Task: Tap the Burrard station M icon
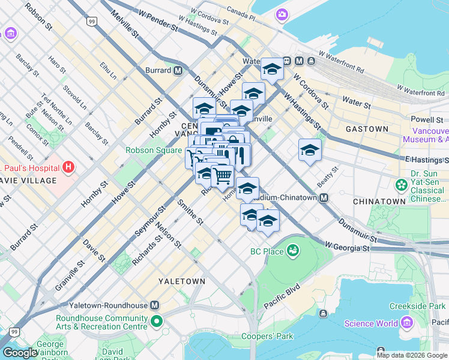point(178,70)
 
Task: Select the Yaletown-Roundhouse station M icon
point(155,305)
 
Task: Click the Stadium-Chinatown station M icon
point(324,198)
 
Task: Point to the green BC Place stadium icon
point(293,250)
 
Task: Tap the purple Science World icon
point(407,323)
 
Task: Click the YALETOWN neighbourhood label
point(182,281)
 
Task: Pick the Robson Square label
point(153,150)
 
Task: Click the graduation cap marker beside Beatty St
point(310,149)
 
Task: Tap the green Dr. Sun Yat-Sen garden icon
point(401,184)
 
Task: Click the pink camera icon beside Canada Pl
point(281,14)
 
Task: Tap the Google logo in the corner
point(20,353)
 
